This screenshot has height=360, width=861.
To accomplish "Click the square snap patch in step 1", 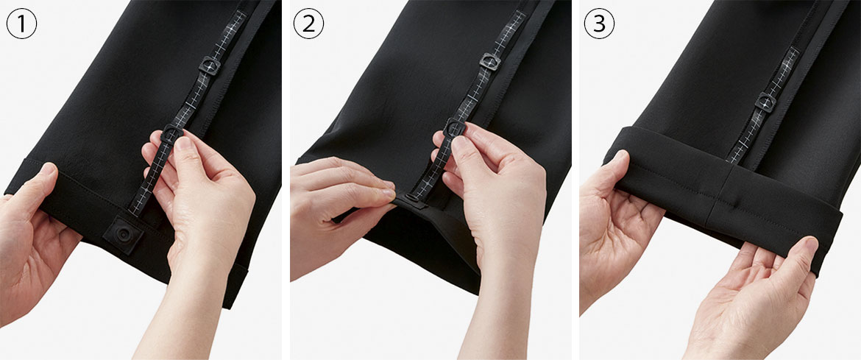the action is (x=124, y=235).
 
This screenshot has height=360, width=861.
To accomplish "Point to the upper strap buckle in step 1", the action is (x=209, y=66).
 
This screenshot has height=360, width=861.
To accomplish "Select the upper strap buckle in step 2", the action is (x=489, y=61).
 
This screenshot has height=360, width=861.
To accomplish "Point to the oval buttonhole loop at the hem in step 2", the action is (x=411, y=198).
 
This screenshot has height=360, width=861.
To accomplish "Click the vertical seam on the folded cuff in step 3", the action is (x=715, y=199).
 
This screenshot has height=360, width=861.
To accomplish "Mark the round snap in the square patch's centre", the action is (x=124, y=235).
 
